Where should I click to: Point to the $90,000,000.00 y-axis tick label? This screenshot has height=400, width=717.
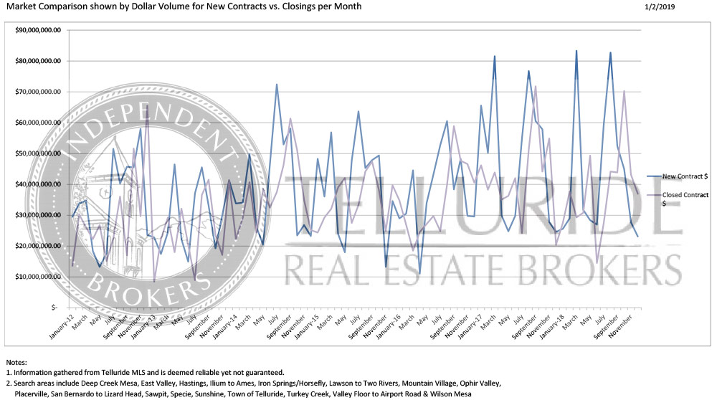39,30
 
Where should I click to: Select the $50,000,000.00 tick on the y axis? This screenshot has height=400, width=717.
39,153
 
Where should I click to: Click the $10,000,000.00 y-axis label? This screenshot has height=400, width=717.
39,277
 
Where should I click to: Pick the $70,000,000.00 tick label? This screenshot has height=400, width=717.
39,92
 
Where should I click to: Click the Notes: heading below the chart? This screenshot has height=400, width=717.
17,361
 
